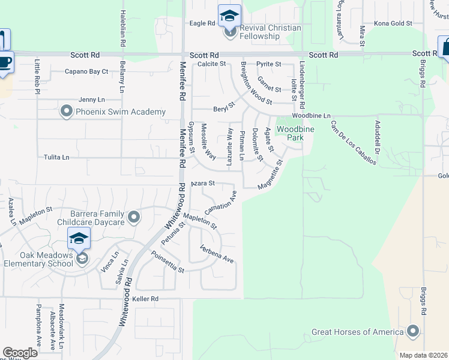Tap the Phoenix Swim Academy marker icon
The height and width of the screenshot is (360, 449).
point(66,112)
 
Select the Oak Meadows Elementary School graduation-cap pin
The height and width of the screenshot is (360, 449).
point(79,238)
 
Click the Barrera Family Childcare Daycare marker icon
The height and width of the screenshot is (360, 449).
point(133,217)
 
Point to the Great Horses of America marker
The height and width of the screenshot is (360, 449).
point(412,331)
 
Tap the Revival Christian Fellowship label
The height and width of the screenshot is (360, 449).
point(260,32)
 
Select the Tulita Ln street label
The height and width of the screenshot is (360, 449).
point(56,157)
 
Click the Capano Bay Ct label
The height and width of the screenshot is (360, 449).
point(86,71)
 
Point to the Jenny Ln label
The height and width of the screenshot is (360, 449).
point(91,100)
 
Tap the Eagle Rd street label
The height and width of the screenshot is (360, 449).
point(202,23)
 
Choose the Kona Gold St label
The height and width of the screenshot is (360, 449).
point(393,23)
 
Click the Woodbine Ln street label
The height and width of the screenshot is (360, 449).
point(311,115)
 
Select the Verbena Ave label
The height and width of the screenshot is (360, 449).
point(217,254)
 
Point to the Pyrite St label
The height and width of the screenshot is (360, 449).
point(268,64)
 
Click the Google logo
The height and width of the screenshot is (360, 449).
point(20,352)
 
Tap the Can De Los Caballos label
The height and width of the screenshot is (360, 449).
point(354,143)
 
